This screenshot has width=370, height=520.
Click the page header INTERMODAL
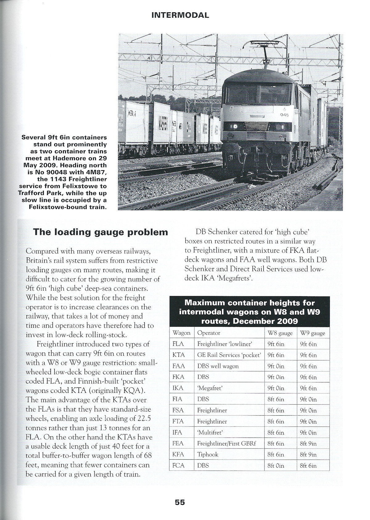coord(180,15)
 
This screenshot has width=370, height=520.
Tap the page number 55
coord(180,502)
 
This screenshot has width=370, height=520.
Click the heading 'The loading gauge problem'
coord(101,232)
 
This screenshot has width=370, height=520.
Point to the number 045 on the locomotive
coord(284,115)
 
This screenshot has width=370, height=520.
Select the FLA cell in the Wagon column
coord(178,344)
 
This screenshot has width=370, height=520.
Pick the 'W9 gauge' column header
coord(312,333)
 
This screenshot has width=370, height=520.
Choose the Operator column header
coord(209,333)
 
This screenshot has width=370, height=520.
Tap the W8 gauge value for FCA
coord(276,466)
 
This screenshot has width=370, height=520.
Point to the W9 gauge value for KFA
coord(308,455)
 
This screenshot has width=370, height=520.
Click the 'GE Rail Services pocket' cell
coord(229,355)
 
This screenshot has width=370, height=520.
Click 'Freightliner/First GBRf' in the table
coord(227,444)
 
